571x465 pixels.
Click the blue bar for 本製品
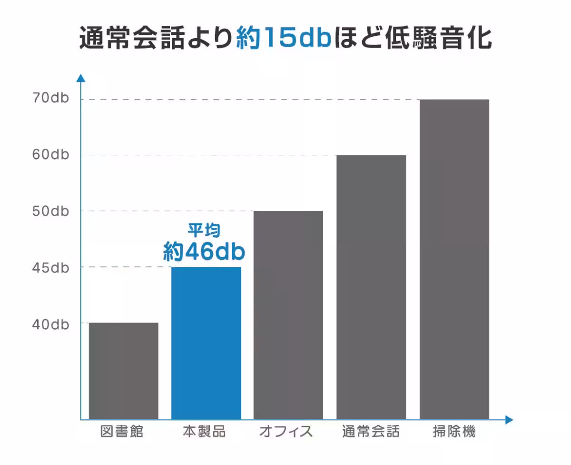[206, 343]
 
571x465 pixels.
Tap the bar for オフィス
[288, 315]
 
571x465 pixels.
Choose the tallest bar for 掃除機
[454, 259]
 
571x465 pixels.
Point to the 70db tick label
[51, 99]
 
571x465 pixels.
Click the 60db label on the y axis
[51, 155]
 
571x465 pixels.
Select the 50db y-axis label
[51, 211]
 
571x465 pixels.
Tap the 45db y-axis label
[51, 267]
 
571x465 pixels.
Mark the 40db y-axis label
[51, 324]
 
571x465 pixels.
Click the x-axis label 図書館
[122, 432]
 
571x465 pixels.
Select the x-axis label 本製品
[205, 432]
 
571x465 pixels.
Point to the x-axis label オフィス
[286, 432]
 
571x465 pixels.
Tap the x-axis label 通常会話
[371, 432]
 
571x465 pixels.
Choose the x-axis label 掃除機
[454, 432]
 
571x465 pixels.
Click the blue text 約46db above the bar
[204, 251]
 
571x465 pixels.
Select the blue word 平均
[204, 231]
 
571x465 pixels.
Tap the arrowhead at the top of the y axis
[81, 78]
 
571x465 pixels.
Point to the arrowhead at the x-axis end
[509, 420]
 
